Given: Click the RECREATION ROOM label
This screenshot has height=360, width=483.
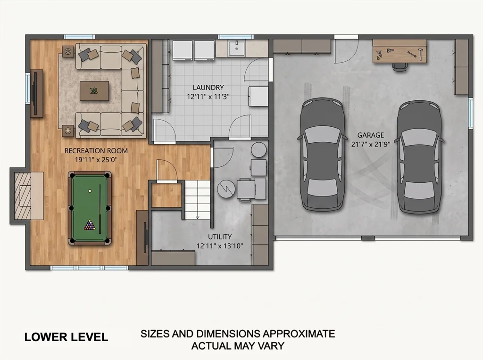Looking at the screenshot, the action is tap(96, 151).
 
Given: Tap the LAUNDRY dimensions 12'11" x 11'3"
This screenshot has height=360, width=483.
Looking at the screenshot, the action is tap(208, 97).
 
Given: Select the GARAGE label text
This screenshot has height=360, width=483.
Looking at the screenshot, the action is tap(371, 135).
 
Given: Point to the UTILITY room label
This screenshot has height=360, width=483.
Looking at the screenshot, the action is tap(220, 237).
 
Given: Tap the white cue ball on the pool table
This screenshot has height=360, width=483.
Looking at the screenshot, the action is tap(90, 191).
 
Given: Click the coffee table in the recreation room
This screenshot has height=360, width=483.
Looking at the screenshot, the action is tap(94, 91).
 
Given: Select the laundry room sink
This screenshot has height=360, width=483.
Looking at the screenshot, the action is tap(236, 49).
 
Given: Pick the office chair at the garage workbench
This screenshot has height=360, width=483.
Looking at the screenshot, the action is tap(399, 66).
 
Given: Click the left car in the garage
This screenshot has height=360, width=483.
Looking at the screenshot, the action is tap(323, 154).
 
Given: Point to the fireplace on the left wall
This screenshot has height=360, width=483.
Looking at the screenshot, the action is tap(27, 196).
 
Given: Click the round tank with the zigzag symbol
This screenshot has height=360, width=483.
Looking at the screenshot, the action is tap(226, 188).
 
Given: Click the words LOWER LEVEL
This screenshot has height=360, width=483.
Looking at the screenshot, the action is tap(66, 337).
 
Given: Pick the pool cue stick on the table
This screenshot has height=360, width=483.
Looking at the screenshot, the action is tap(100, 209).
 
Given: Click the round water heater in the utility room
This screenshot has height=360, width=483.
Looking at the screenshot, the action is tap(259, 150).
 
